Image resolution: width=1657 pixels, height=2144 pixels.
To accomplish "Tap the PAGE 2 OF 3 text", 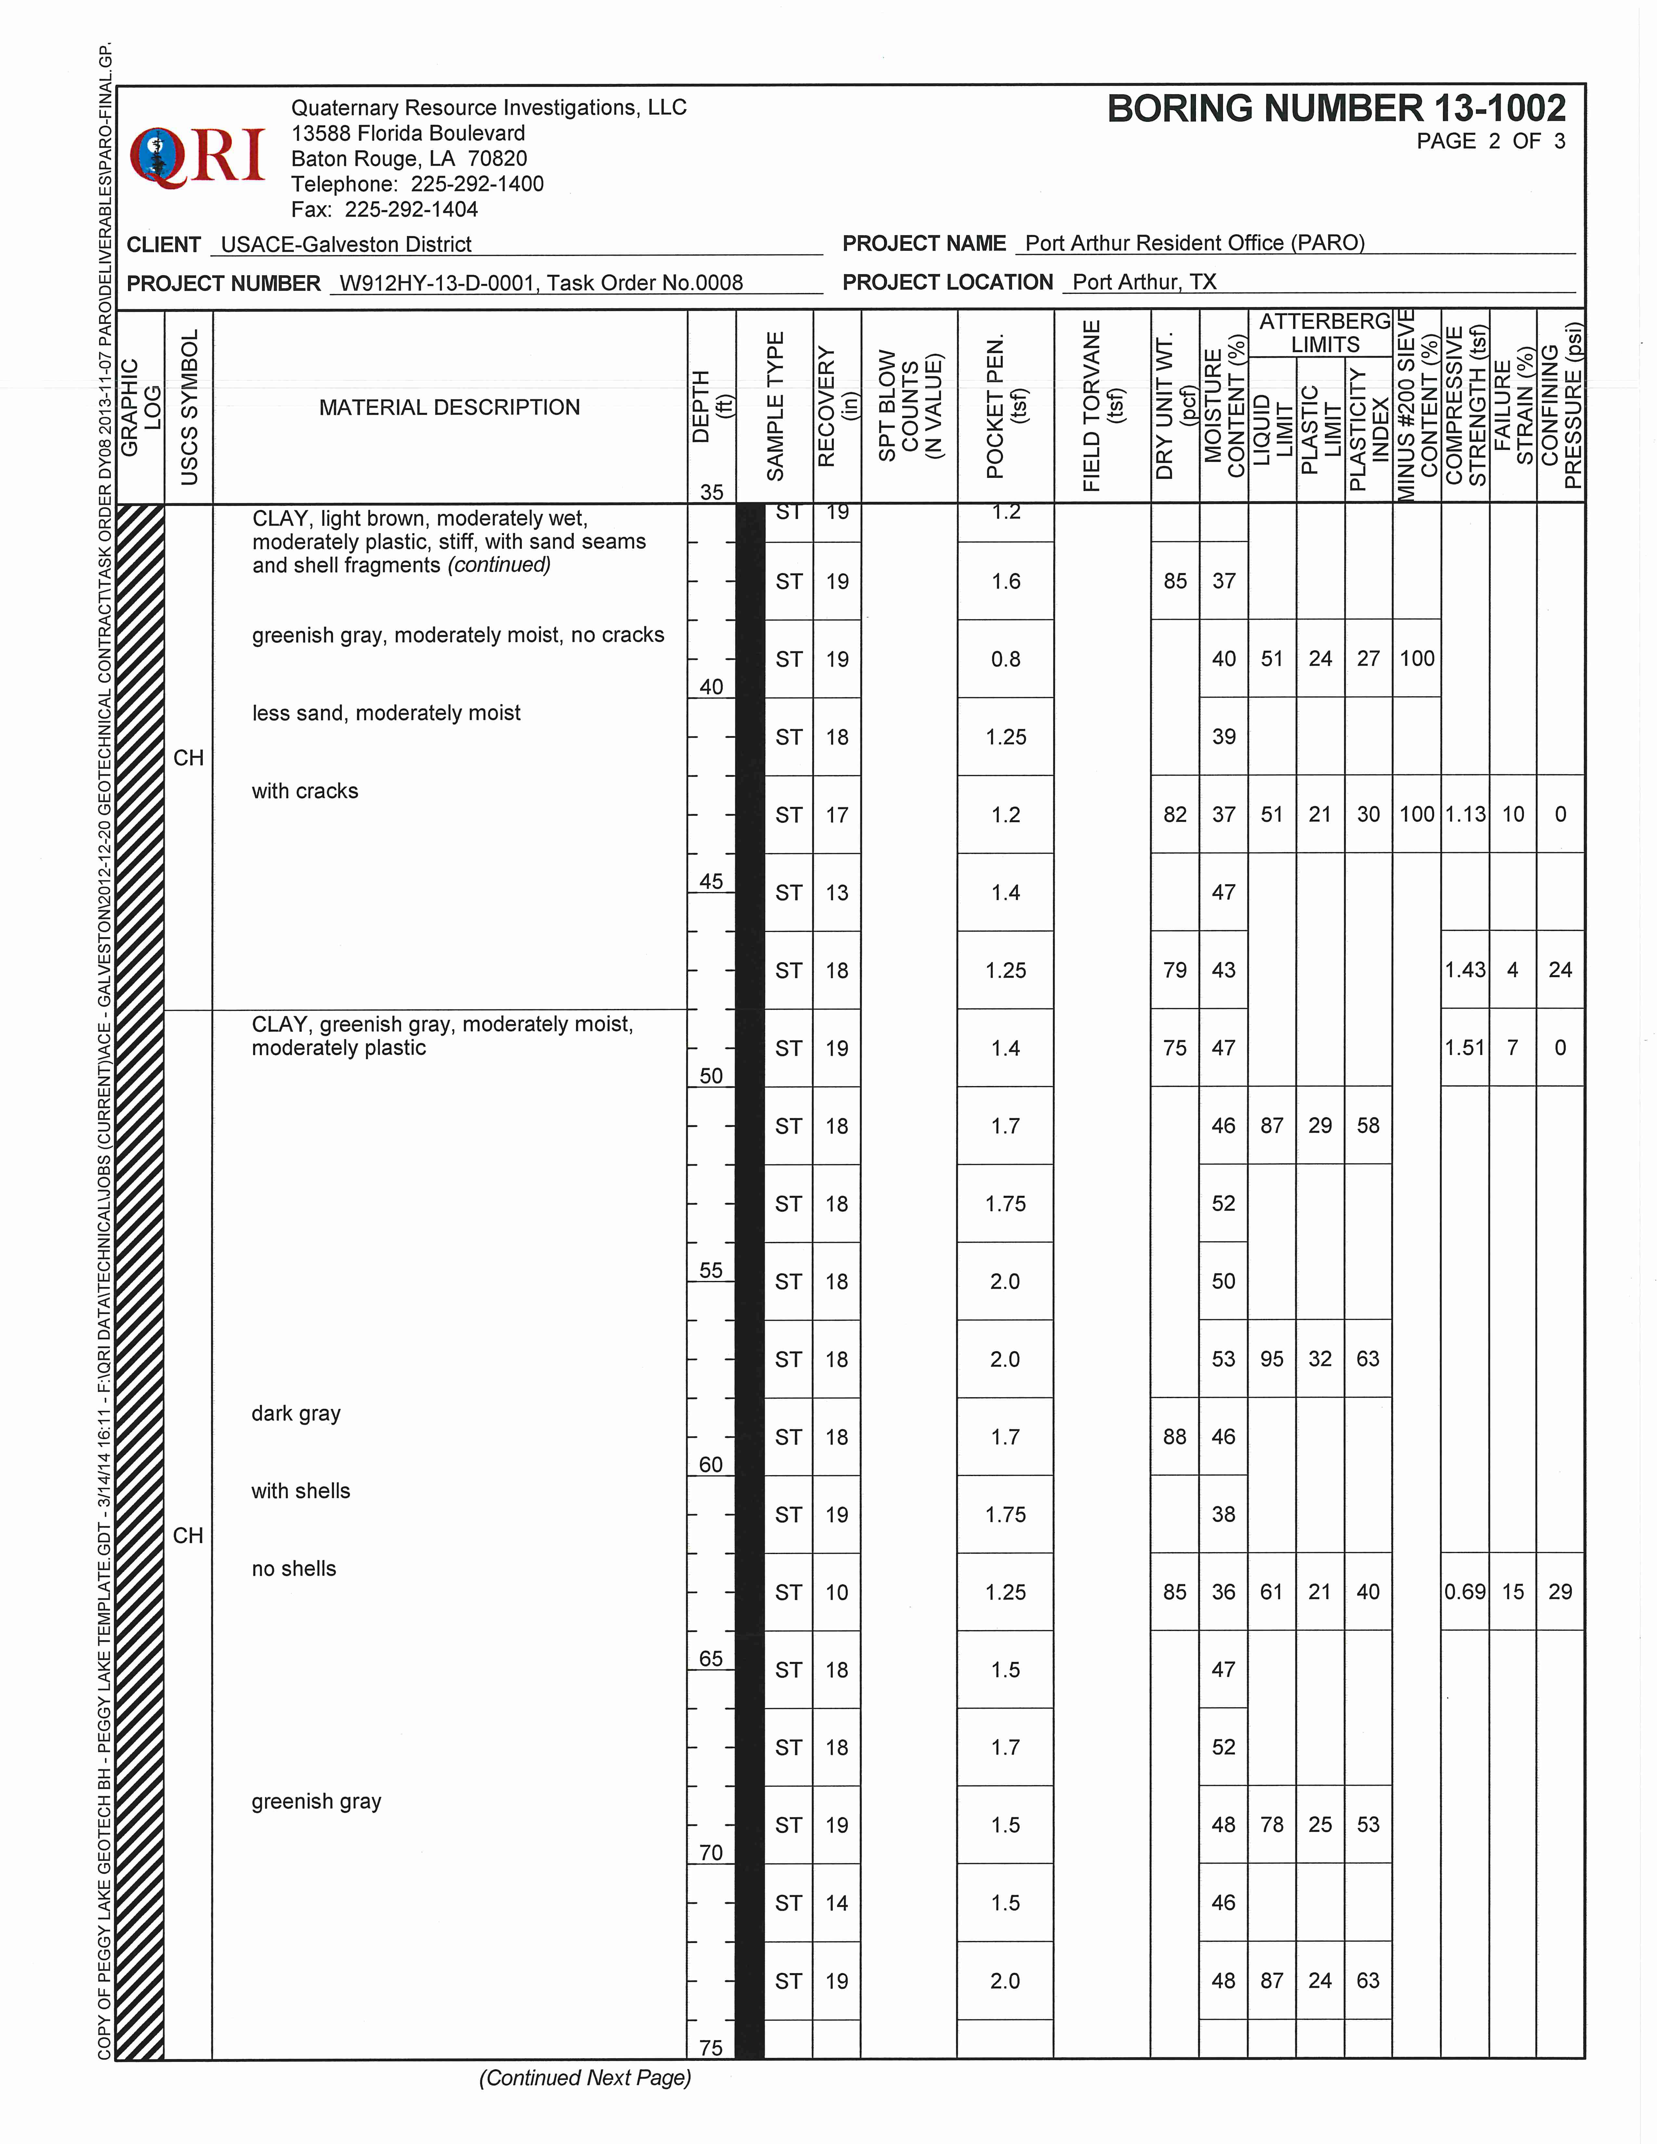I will coord(1490,141).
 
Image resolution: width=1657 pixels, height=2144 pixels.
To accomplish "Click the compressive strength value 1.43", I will coord(1465,970).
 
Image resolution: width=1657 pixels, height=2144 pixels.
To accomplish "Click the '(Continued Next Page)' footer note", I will coord(585,2078).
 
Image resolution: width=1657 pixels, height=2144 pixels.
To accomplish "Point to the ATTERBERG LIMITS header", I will coord(1324,333).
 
